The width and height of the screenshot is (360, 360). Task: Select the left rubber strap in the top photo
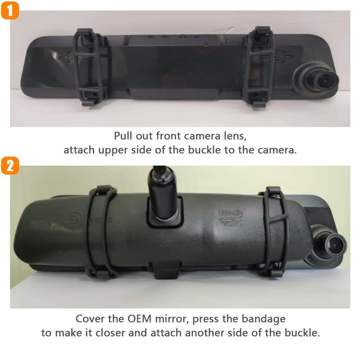(x=88, y=67)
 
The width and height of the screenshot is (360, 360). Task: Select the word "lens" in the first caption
(x=235, y=136)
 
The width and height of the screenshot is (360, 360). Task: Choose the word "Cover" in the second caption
(x=89, y=319)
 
